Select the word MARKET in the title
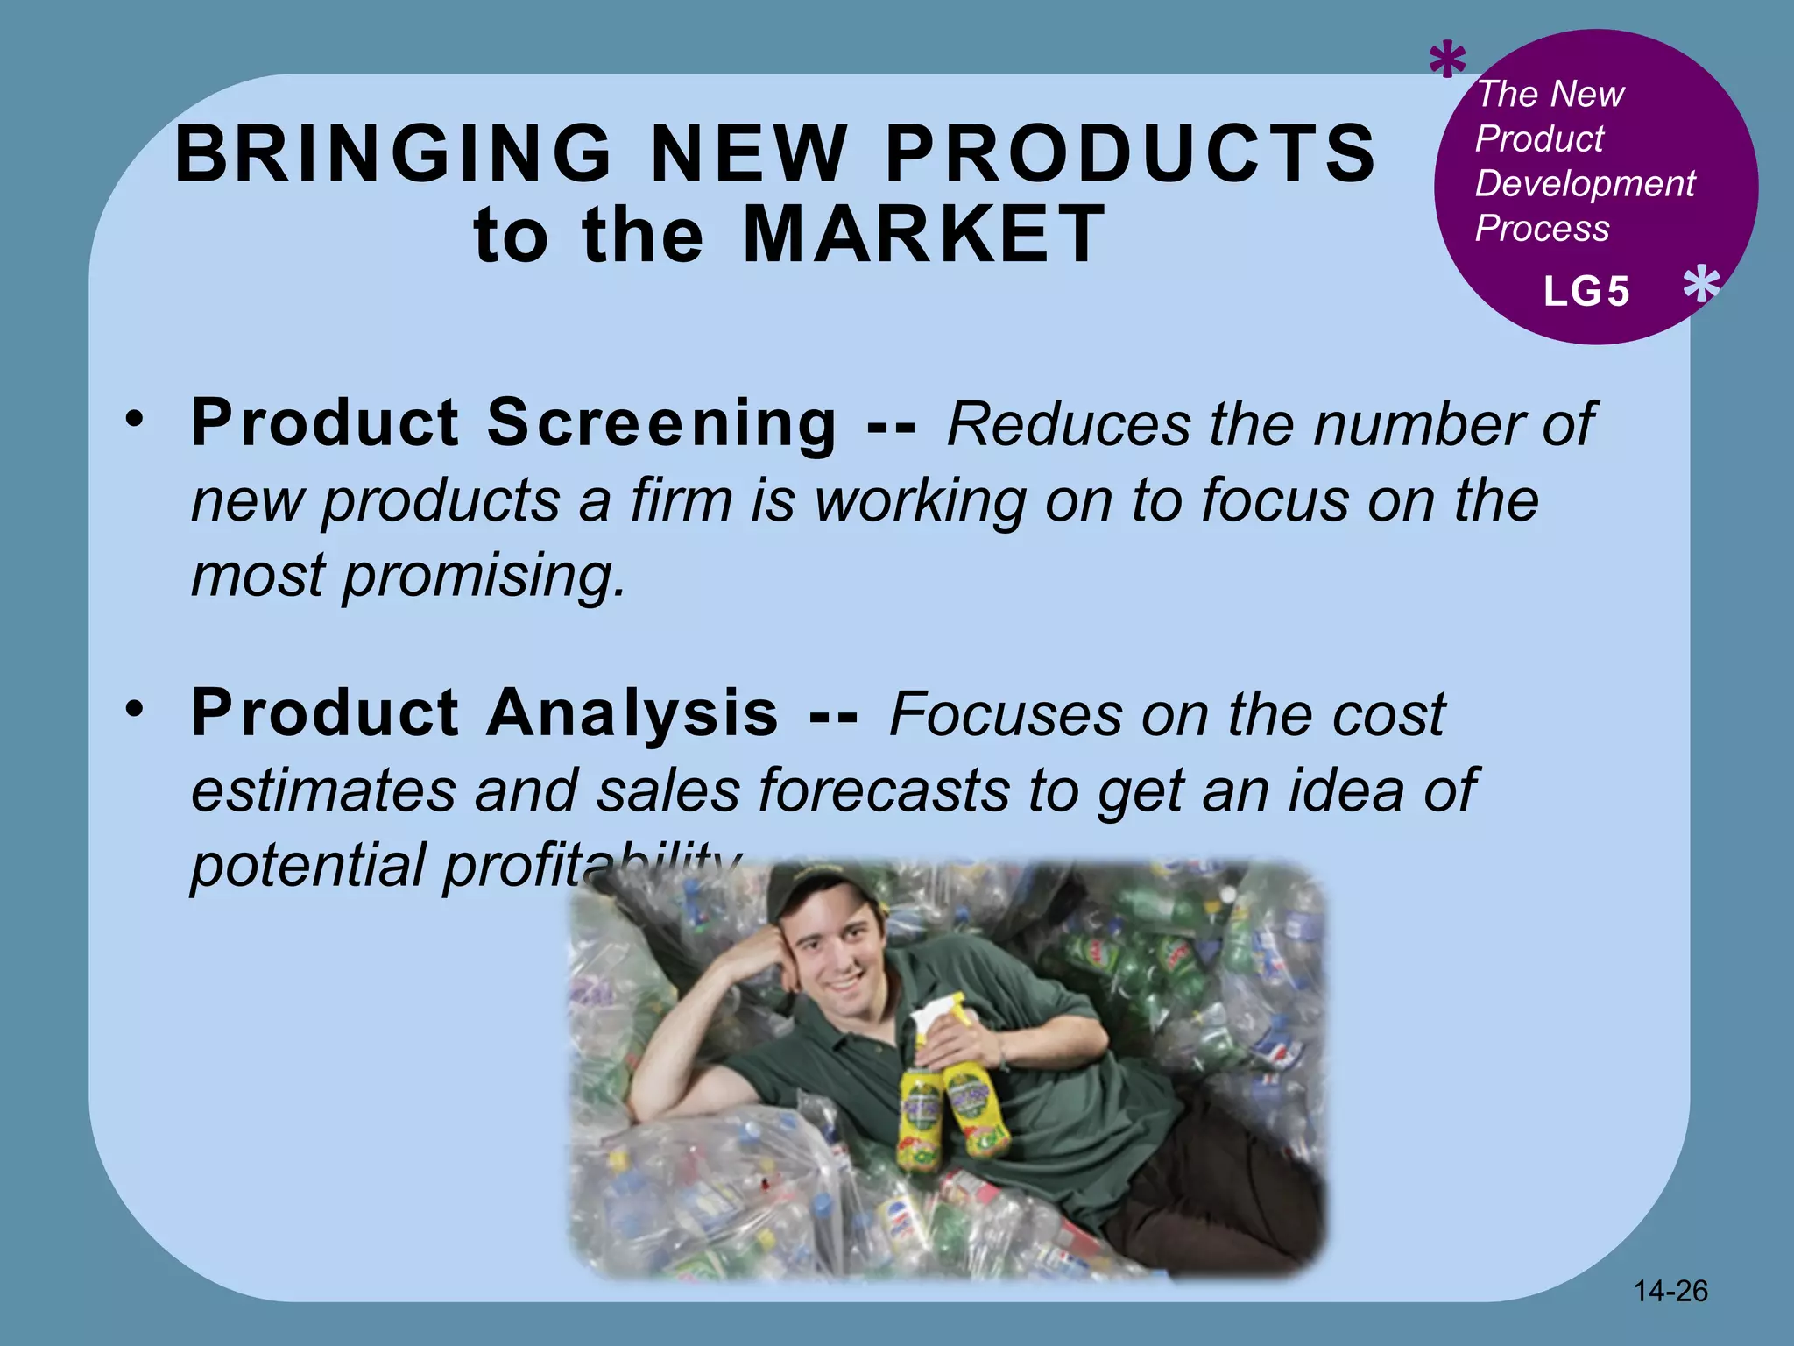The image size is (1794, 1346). pyautogui.click(x=924, y=234)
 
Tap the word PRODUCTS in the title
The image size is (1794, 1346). pyautogui.click(x=1131, y=154)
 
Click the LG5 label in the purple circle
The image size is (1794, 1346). pyautogui.click(x=1586, y=292)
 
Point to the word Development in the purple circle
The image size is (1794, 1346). pyautogui.click(x=1585, y=184)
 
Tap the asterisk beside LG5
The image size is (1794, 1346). pyautogui.click(x=1701, y=286)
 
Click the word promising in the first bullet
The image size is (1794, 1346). pyautogui.click(x=484, y=577)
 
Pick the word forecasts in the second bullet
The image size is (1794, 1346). pyautogui.click(x=885, y=790)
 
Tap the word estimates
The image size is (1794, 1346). pyautogui.click(x=322, y=790)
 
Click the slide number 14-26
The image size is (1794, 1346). pyautogui.click(x=1670, y=1291)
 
